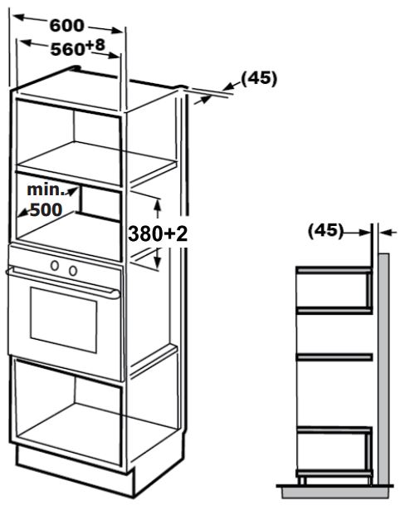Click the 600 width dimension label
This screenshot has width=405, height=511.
click(66, 26)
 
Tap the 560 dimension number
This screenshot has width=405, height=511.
click(68, 49)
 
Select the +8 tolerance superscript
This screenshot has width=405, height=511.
click(96, 45)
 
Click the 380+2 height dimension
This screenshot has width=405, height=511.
click(158, 233)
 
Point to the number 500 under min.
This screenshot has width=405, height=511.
click(46, 209)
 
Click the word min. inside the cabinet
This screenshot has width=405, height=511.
click(46, 189)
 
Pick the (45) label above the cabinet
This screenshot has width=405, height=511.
click(259, 78)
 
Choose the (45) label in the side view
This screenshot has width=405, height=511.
click(325, 231)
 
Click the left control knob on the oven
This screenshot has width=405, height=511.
click(55, 266)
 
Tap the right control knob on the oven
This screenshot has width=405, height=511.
click(73, 270)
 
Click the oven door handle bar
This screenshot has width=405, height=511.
click(62, 282)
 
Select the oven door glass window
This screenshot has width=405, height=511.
click(64, 320)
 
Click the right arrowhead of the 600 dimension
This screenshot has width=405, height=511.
click(116, 31)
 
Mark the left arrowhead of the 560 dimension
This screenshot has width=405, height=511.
click(25, 42)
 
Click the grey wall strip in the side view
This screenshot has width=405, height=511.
click(383, 369)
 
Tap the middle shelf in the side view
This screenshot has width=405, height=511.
click(334, 357)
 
